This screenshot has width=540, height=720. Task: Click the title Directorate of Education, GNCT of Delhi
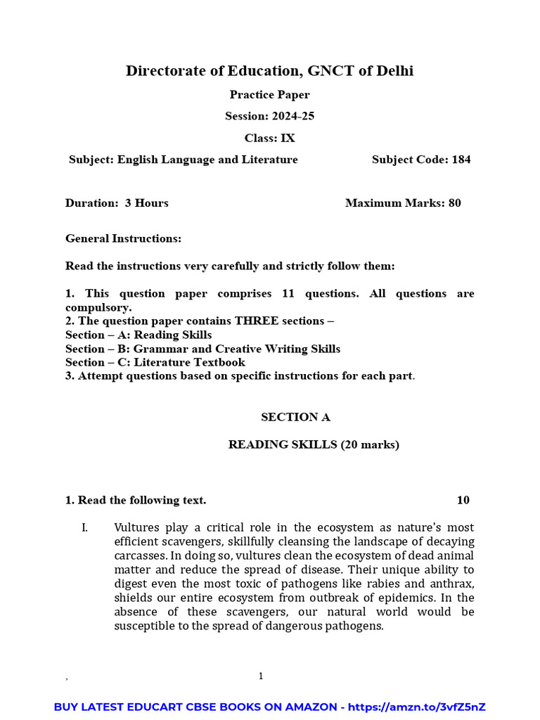tap(269, 70)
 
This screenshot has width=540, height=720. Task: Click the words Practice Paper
tap(269, 95)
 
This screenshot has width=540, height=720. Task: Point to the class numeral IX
tap(288, 138)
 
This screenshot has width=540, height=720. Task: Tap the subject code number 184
tap(461, 160)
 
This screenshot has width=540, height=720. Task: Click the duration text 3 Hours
tap(146, 203)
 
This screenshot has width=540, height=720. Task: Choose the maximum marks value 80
tap(454, 203)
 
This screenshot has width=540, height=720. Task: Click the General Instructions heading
tap(123, 238)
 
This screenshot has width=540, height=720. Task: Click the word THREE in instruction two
tap(257, 321)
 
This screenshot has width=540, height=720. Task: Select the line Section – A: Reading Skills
tap(139, 335)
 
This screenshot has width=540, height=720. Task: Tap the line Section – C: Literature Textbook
tap(155, 362)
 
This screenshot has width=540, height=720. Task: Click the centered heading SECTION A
tap(295, 417)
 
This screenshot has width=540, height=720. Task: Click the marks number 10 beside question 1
tap(463, 500)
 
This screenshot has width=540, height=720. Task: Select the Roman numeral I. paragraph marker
tap(84, 527)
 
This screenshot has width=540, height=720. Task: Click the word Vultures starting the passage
tap(136, 527)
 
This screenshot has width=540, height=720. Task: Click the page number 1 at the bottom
tap(261, 676)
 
